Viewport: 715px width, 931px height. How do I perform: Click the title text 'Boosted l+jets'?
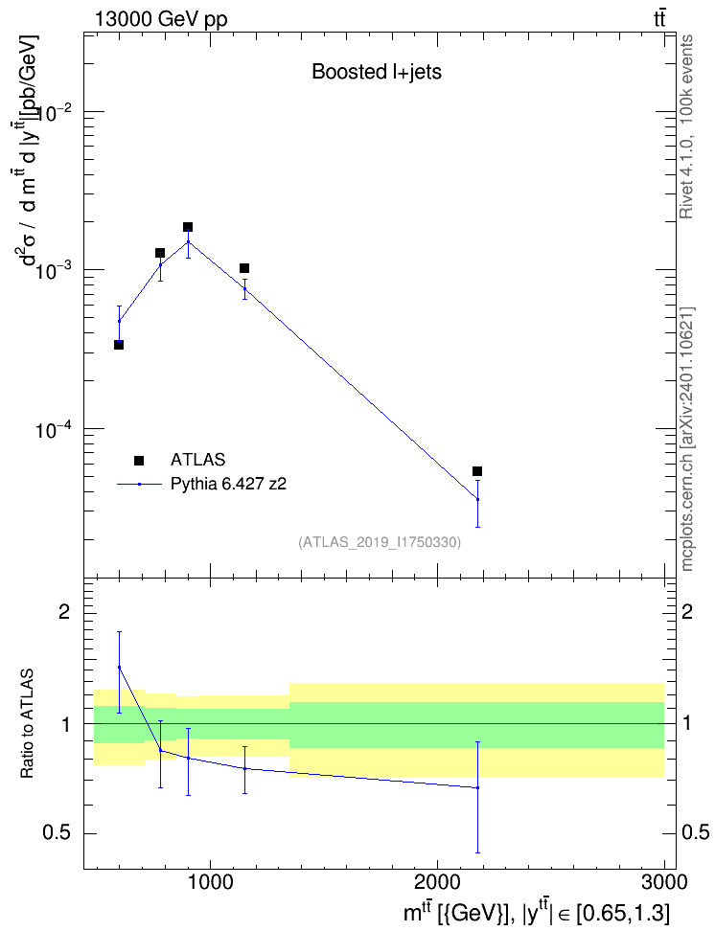point(377,72)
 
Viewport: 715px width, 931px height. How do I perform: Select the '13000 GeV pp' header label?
point(160,19)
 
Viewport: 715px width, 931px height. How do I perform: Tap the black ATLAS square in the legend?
point(139,460)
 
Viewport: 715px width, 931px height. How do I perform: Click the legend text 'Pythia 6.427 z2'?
point(228,484)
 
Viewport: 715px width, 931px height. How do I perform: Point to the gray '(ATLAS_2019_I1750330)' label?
point(380,542)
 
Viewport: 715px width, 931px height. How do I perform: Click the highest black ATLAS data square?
point(188,227)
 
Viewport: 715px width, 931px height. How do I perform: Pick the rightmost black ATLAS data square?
point(477,471)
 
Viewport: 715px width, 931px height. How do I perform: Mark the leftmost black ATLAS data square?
point(119,345)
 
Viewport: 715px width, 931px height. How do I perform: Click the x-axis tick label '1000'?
point(210,882)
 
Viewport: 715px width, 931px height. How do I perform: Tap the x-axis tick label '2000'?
point(437,882)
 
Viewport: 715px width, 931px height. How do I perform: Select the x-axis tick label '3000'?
point(664,882)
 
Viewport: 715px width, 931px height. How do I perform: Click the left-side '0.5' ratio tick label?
point(58,833)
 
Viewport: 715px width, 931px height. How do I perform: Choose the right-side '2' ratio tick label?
point(687,611)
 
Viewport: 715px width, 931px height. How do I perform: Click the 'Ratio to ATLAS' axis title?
point(27,724)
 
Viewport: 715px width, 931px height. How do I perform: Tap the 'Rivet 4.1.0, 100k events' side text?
point(686,126)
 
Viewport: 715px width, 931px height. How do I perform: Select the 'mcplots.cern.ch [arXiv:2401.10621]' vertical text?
point(686,439)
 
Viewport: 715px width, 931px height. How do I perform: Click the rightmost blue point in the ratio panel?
point(477,788)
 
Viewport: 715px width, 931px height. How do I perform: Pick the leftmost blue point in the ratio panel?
point(119,667)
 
